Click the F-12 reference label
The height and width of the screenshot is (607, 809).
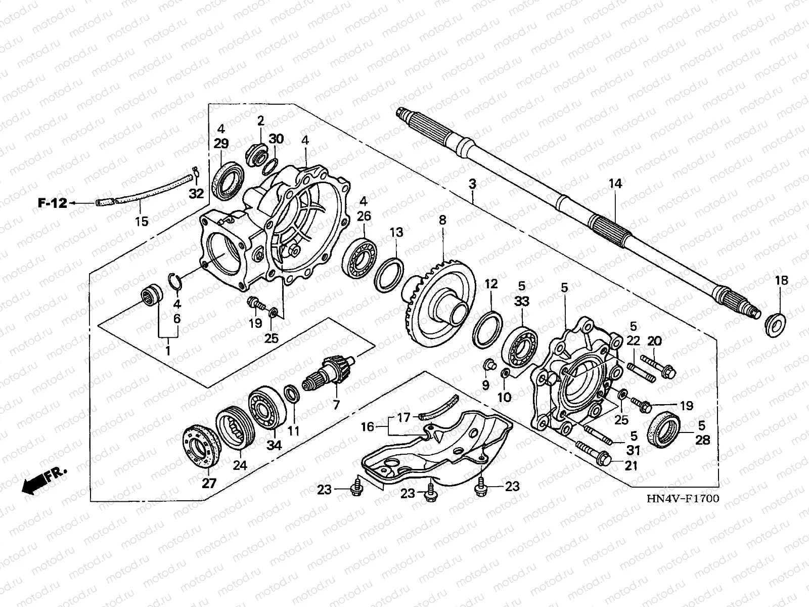click(x=53, y=203)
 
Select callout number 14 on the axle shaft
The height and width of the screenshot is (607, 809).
click(x=615, y=184)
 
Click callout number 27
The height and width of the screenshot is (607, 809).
click(x=209, y=483)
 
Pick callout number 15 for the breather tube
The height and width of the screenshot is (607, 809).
click(x=142, y=221)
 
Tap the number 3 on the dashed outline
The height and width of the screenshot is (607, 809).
click(x=472, y=184)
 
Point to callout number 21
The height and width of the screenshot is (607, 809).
click(x=631, y=465)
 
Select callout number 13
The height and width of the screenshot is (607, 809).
click(x=396, y=232)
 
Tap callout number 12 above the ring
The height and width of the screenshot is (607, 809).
click(x=491, y=284)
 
